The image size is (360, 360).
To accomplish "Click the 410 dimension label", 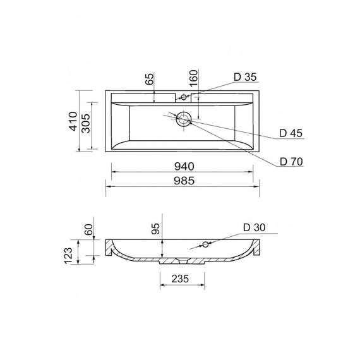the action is [73, 121].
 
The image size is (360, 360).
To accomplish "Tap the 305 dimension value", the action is [86, 124].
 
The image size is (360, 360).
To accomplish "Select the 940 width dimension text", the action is [184, 167].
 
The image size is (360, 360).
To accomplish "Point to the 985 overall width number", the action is [184, 181].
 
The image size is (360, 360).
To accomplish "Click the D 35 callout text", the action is [245, 77].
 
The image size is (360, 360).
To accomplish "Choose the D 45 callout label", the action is [291, 133].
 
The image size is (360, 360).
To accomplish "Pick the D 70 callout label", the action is [291, 162].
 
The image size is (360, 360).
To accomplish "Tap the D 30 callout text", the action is [254, 227].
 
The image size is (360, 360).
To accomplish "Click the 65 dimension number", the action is [150, 79].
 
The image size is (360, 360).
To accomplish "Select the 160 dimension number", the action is [193, 78].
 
